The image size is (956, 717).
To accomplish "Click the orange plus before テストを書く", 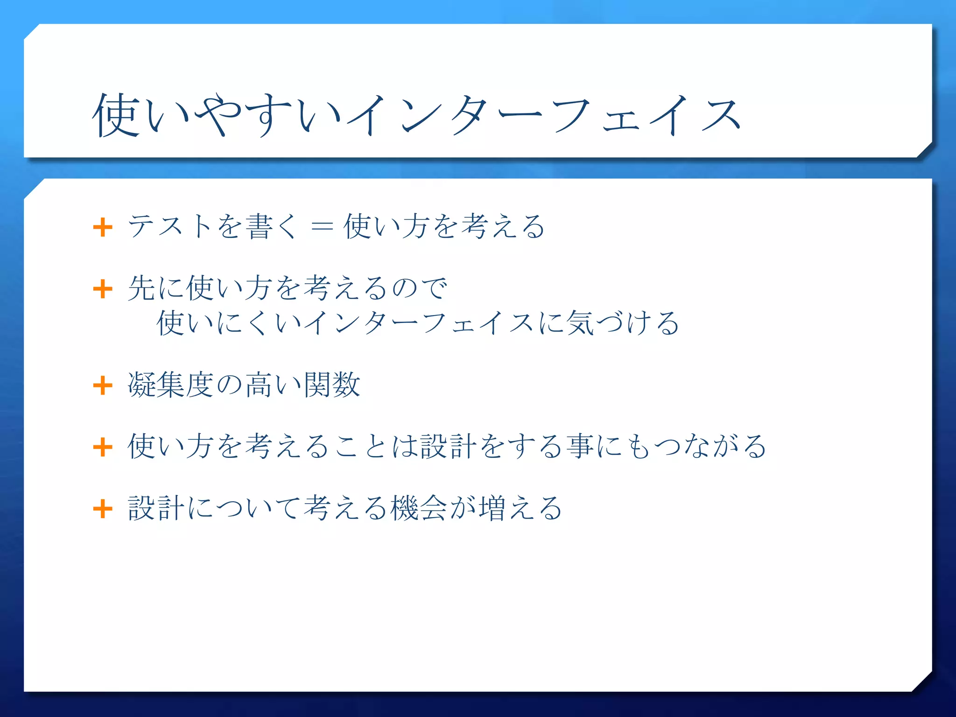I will pos(103,227).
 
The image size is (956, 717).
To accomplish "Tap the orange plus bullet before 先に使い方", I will pos(103,289).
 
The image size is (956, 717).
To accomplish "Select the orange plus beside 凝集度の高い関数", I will pos(103,386).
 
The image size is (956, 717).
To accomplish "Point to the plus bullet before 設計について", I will pos(103,508).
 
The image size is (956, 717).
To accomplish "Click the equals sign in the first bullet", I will pos(322,227).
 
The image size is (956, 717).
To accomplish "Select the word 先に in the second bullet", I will pos(157,288).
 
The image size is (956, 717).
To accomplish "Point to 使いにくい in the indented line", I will pos(229,323).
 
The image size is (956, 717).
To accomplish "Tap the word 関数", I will pos(332,385).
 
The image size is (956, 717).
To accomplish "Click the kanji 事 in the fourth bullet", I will pos(580,446).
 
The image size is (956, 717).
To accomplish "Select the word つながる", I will pos(710,446).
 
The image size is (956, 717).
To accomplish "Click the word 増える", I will pos(520,508).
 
